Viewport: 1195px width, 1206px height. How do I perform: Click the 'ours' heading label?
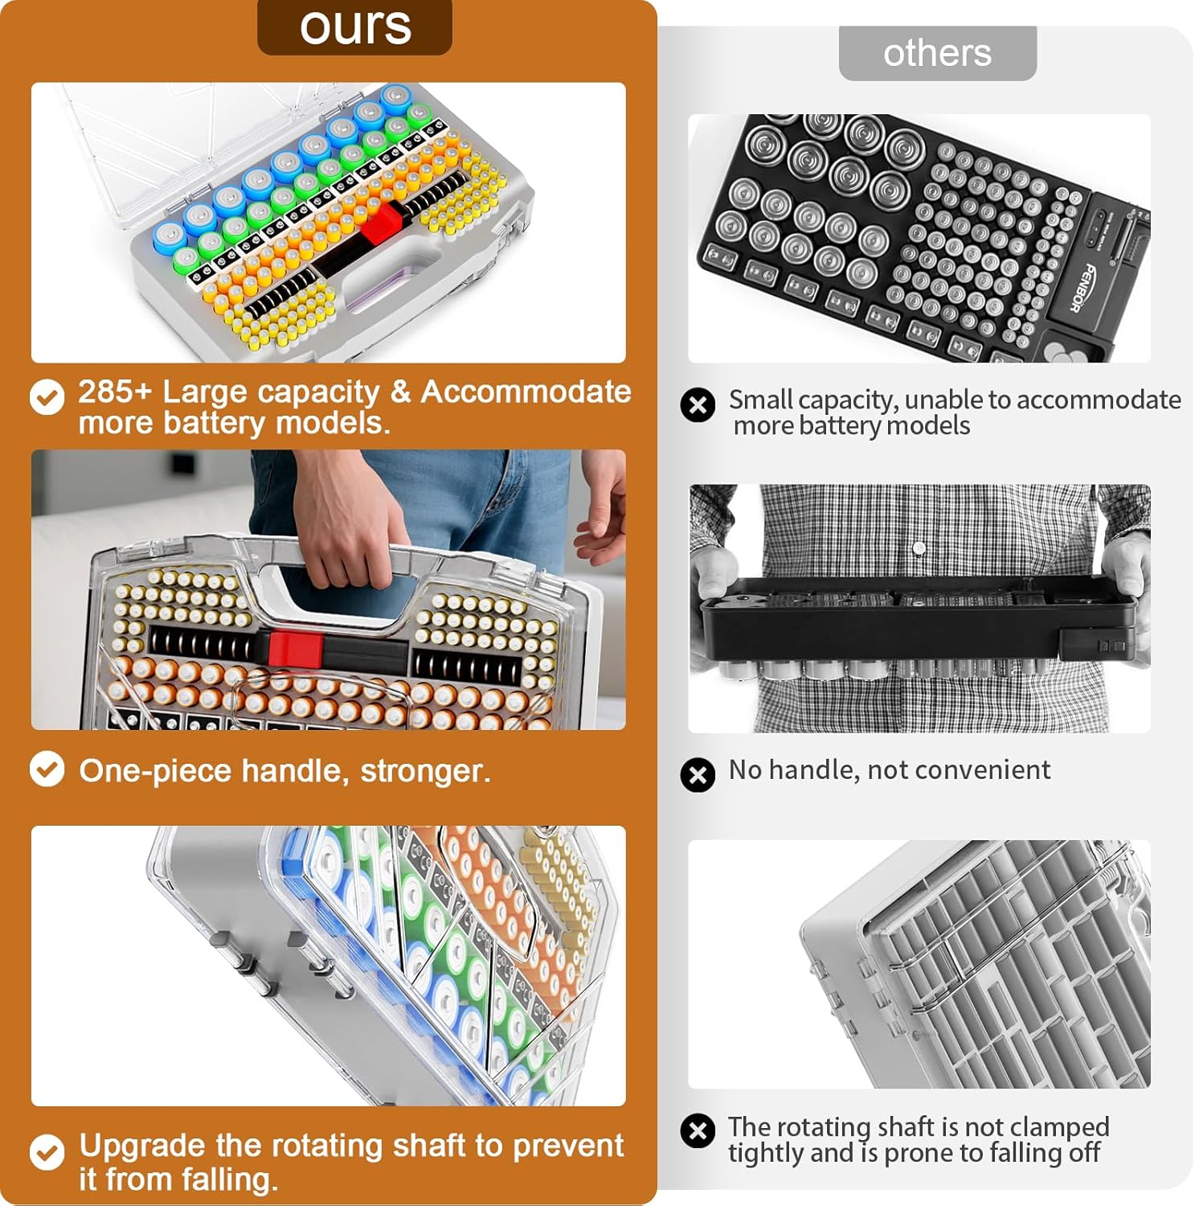[354, 27]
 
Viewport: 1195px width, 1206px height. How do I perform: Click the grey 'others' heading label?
[937, 53]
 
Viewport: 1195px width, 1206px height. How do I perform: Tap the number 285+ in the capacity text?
[114, 392]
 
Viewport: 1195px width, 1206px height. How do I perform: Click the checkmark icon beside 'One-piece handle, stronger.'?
[47, 769]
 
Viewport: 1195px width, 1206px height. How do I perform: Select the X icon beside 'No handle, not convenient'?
[698, 774]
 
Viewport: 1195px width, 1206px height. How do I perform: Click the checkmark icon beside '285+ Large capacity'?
[47, 397]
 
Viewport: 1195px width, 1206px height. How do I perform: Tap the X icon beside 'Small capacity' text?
[698, 404]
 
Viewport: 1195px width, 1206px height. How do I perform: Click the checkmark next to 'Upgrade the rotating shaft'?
[47, 1152]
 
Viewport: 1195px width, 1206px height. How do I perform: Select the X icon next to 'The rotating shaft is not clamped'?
[698, 1130]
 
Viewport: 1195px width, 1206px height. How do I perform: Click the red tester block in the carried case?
[295, 649]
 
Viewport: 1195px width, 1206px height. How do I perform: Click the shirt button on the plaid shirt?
[919, 548]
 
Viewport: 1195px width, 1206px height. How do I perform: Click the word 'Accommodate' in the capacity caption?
[526, 392]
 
